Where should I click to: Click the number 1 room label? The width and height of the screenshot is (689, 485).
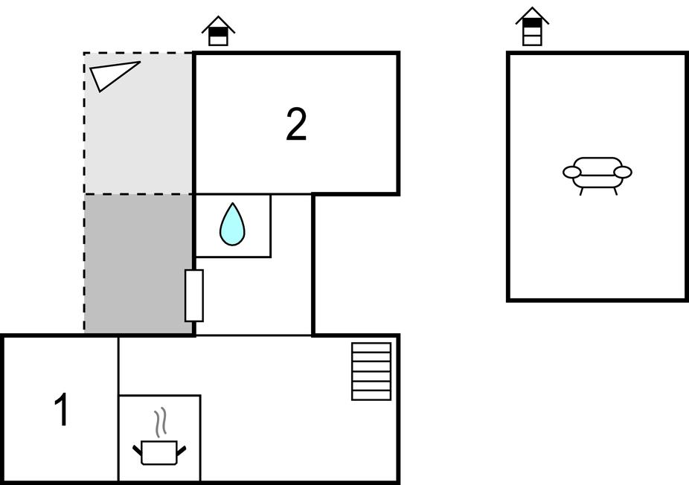point(63,410)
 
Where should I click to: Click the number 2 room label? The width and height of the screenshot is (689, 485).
point(296,125)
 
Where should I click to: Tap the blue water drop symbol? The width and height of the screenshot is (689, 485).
point(232,225)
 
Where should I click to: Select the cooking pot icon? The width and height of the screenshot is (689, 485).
point(159,452)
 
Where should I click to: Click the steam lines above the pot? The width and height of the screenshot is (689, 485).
point(160,423)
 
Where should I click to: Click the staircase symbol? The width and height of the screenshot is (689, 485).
point(371,371)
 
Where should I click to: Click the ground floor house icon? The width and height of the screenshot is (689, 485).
point(218,31)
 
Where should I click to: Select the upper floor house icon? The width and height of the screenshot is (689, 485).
point(532,28)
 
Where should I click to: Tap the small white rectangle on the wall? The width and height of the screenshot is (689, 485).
point(193,295)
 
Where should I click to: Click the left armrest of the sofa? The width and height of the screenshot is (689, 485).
point(571,173)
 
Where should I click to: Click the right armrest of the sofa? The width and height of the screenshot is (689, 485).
point(623,173)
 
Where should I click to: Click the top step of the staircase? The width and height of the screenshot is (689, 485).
point(371,347)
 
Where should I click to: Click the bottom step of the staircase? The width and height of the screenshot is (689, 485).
point(371,395)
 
